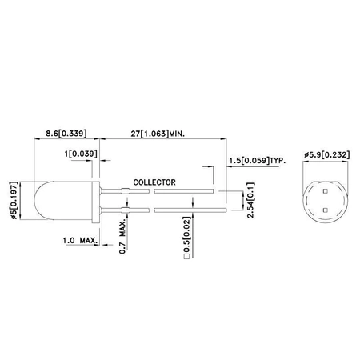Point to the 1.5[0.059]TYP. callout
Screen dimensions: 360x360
tap(260, 161)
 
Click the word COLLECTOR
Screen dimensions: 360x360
tap(154, 182)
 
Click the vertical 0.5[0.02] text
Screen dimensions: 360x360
tap(186, 242)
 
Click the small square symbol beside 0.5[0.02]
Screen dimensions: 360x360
tap(186, 259)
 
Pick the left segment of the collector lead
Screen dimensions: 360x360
tap(128, 192)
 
